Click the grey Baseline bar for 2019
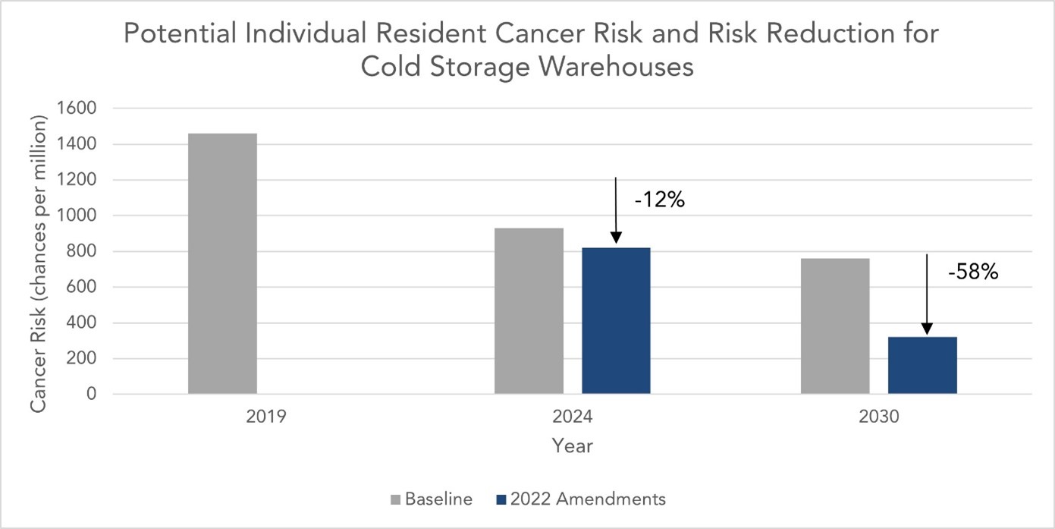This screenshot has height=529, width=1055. pos(222,263)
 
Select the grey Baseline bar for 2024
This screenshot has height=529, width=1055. pos(529,311)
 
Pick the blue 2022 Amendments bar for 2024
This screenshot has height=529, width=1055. pos(615,320)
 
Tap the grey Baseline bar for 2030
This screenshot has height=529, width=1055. pos(835,326)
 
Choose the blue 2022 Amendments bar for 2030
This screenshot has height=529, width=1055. pos(922,365)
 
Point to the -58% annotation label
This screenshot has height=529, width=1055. pos(973,272)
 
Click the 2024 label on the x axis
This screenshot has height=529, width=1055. pos(572,417)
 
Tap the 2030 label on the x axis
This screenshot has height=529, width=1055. pos(878,417)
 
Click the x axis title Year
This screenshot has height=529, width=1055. pos(572,446)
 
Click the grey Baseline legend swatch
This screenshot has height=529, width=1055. pos(395,499)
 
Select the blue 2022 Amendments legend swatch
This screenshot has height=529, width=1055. pos(500,499)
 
